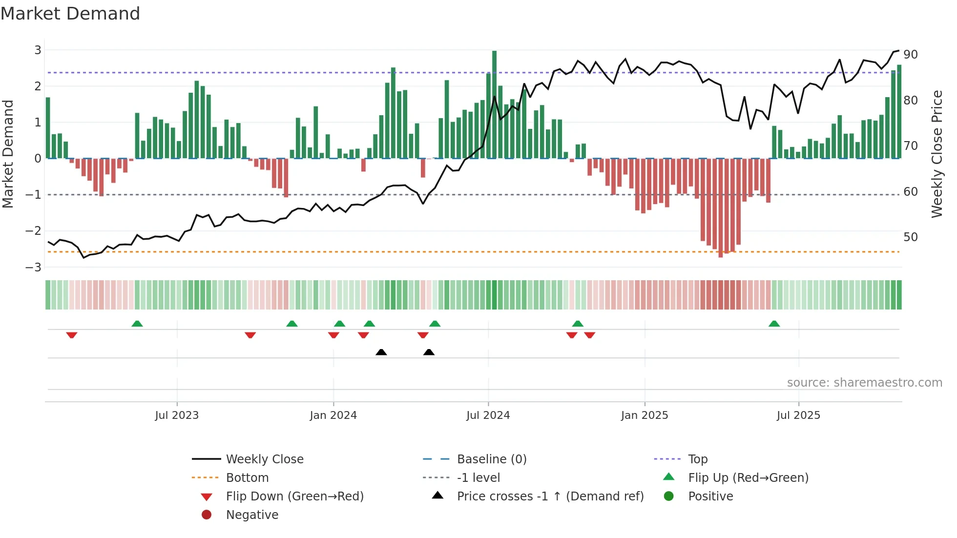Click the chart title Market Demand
pos(70,14)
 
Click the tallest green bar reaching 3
pos(494,104)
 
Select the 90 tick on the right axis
pos(910,54)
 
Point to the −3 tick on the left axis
pos(34,267)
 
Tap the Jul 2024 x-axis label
pos(488,415)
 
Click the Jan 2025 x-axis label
pos(644,415)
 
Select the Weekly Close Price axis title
pos(936,154)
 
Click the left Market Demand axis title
pos(8,154)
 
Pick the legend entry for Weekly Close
pos(264,459)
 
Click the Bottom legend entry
pos(247,477)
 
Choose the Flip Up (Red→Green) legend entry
pos(748,477)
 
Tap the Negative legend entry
pos(252,515)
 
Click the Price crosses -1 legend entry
pos(550,496)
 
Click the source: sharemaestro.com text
pos(864,382)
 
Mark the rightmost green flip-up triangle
pos(774,324)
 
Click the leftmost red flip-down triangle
pos(72,335)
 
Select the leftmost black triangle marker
pos(381,352)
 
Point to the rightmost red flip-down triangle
pos(589,335)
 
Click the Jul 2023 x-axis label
pos(177,415)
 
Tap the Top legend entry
pos(697,459)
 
